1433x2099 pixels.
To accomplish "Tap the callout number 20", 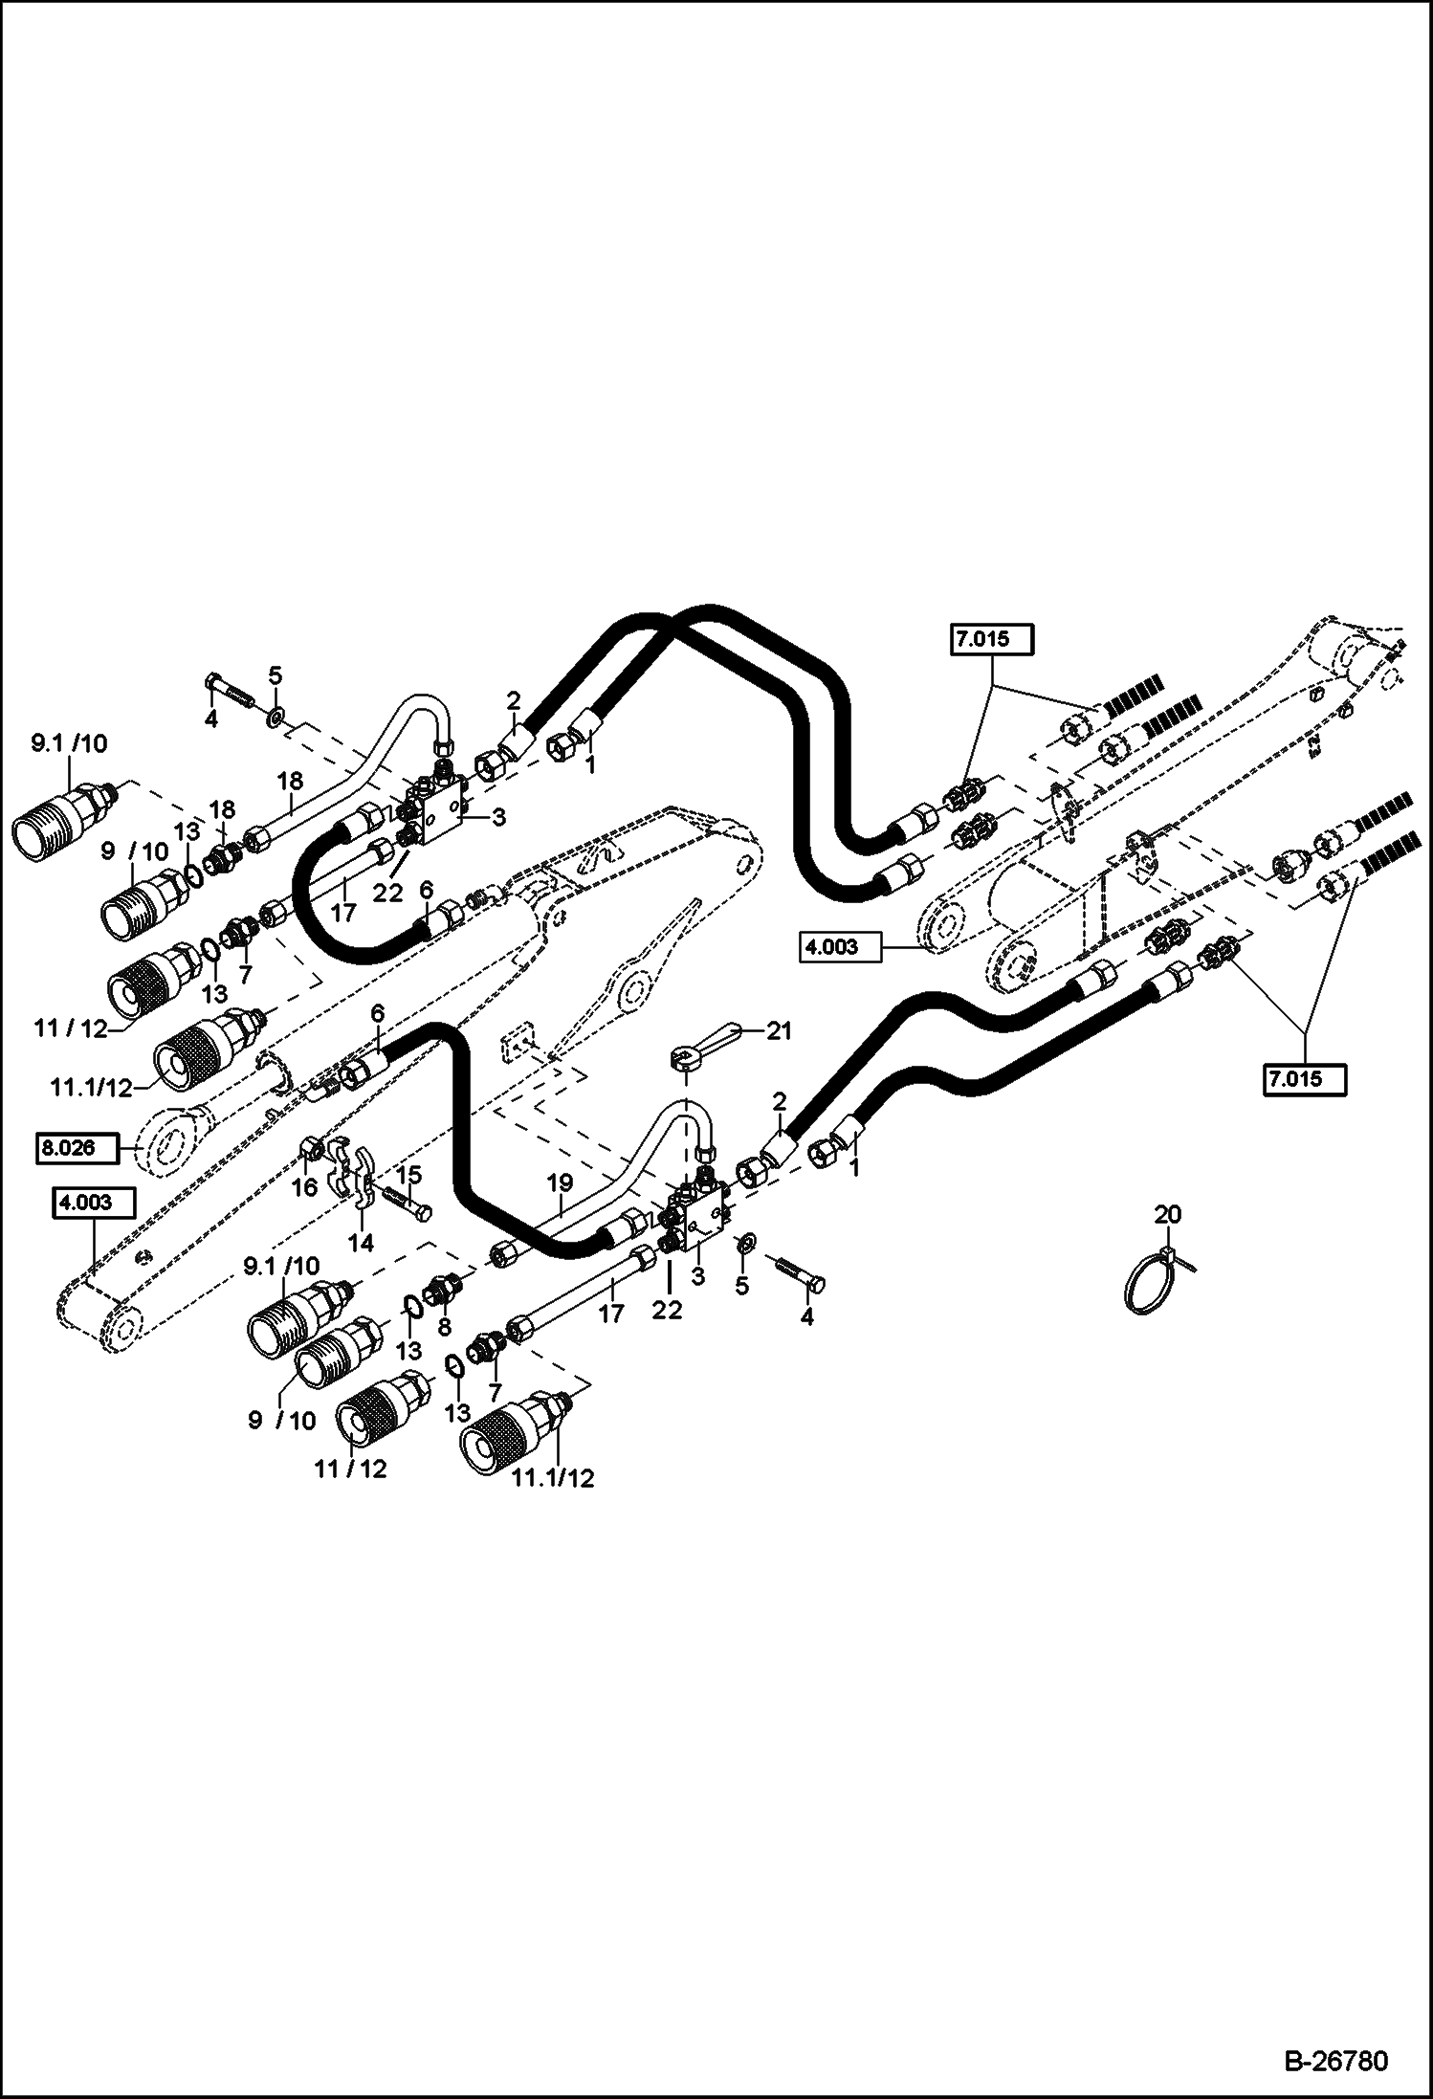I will coord(1167,1214).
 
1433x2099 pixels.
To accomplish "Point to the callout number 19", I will coord(560,1183).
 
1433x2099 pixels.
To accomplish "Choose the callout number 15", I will coord(408,1175).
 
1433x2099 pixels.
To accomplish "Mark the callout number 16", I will coord(304,1187).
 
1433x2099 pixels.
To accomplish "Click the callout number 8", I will coord(443,1327).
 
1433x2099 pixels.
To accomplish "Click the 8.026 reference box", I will coord(78,1147).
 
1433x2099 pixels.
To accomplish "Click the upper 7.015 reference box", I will coord(993,638).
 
